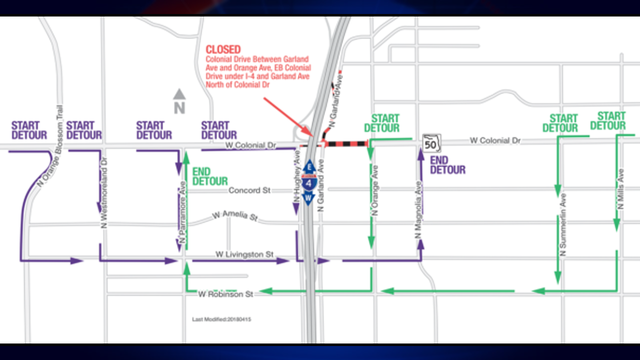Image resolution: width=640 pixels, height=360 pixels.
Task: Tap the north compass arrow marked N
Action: click(179, 101)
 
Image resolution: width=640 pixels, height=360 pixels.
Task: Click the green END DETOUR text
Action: click(206, 171)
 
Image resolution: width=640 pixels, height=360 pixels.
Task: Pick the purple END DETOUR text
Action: click(447, 165)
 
